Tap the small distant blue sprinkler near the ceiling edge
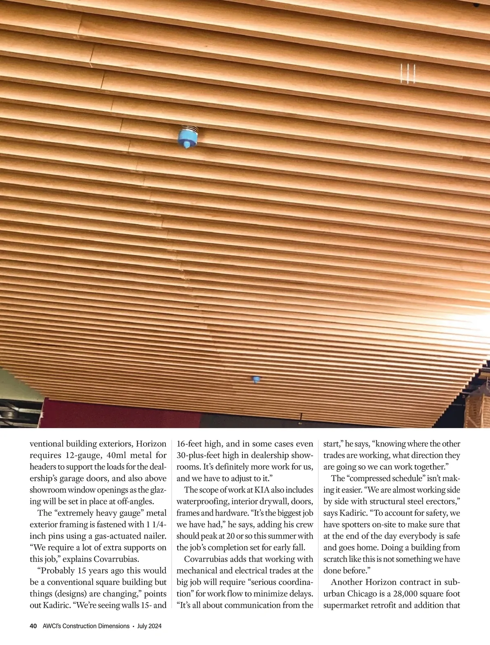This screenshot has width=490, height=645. (256, 380)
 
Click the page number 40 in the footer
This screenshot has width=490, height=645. (33, 626)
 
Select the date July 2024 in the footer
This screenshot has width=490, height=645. (149, 626)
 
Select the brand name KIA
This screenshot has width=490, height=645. (262, 490)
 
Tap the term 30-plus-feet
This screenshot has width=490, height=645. (202, 455)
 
